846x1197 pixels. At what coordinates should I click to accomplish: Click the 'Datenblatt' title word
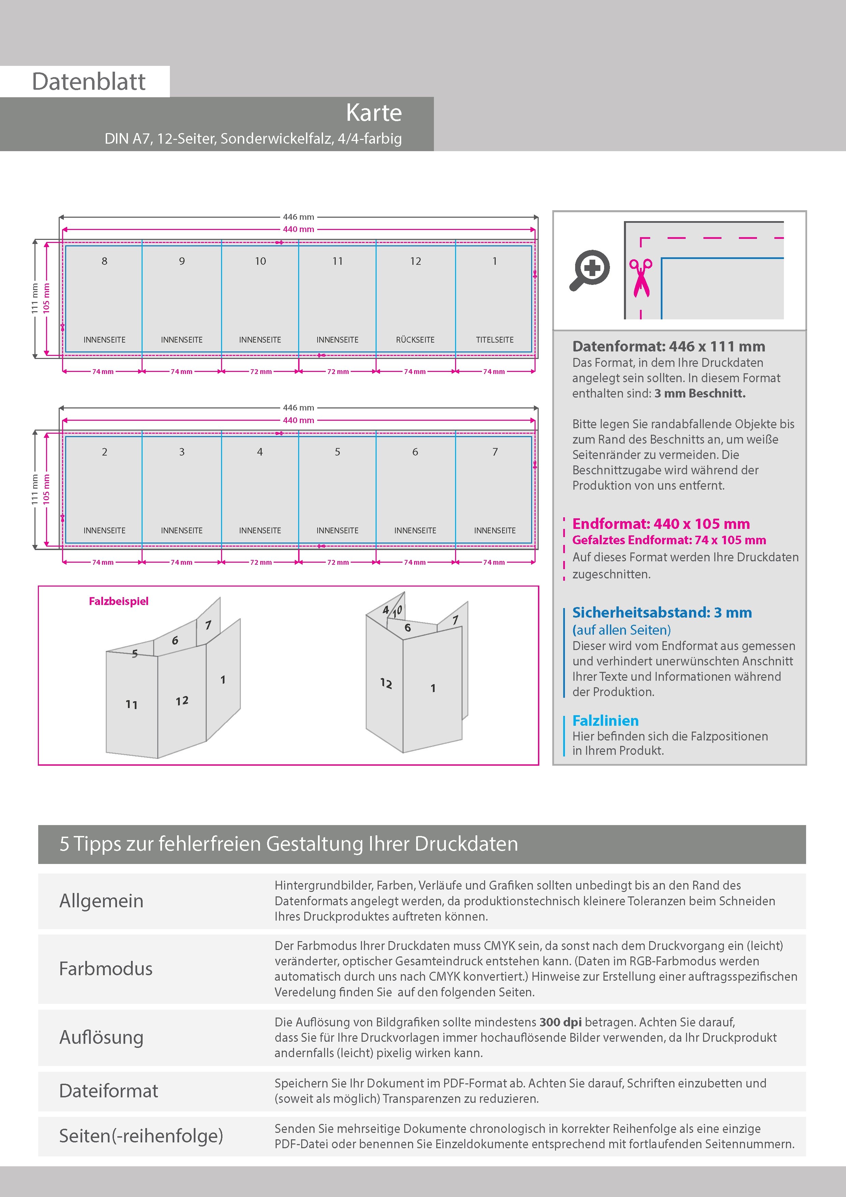89,81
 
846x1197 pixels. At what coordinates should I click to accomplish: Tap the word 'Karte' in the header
374,113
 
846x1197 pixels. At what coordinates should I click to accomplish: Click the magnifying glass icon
589,270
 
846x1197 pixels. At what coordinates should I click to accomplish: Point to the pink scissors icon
641,278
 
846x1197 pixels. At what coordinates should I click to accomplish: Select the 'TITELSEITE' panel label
495,340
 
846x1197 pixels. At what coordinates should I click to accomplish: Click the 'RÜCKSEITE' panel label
415,340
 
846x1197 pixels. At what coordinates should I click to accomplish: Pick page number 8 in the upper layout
104,261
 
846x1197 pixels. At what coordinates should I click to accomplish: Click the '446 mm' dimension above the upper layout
298,217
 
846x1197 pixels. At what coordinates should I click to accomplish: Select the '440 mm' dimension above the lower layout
298,420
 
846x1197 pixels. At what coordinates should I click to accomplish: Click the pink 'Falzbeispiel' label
118,601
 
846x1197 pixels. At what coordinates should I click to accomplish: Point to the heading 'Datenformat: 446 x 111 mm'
668,346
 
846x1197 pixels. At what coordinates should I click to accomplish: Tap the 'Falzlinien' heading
605,721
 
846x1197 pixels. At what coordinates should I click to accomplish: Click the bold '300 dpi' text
560,1022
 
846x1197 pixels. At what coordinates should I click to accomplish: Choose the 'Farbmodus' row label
106,969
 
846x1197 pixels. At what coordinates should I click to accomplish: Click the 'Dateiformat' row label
108,1091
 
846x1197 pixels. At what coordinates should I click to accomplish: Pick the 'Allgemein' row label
101,900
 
